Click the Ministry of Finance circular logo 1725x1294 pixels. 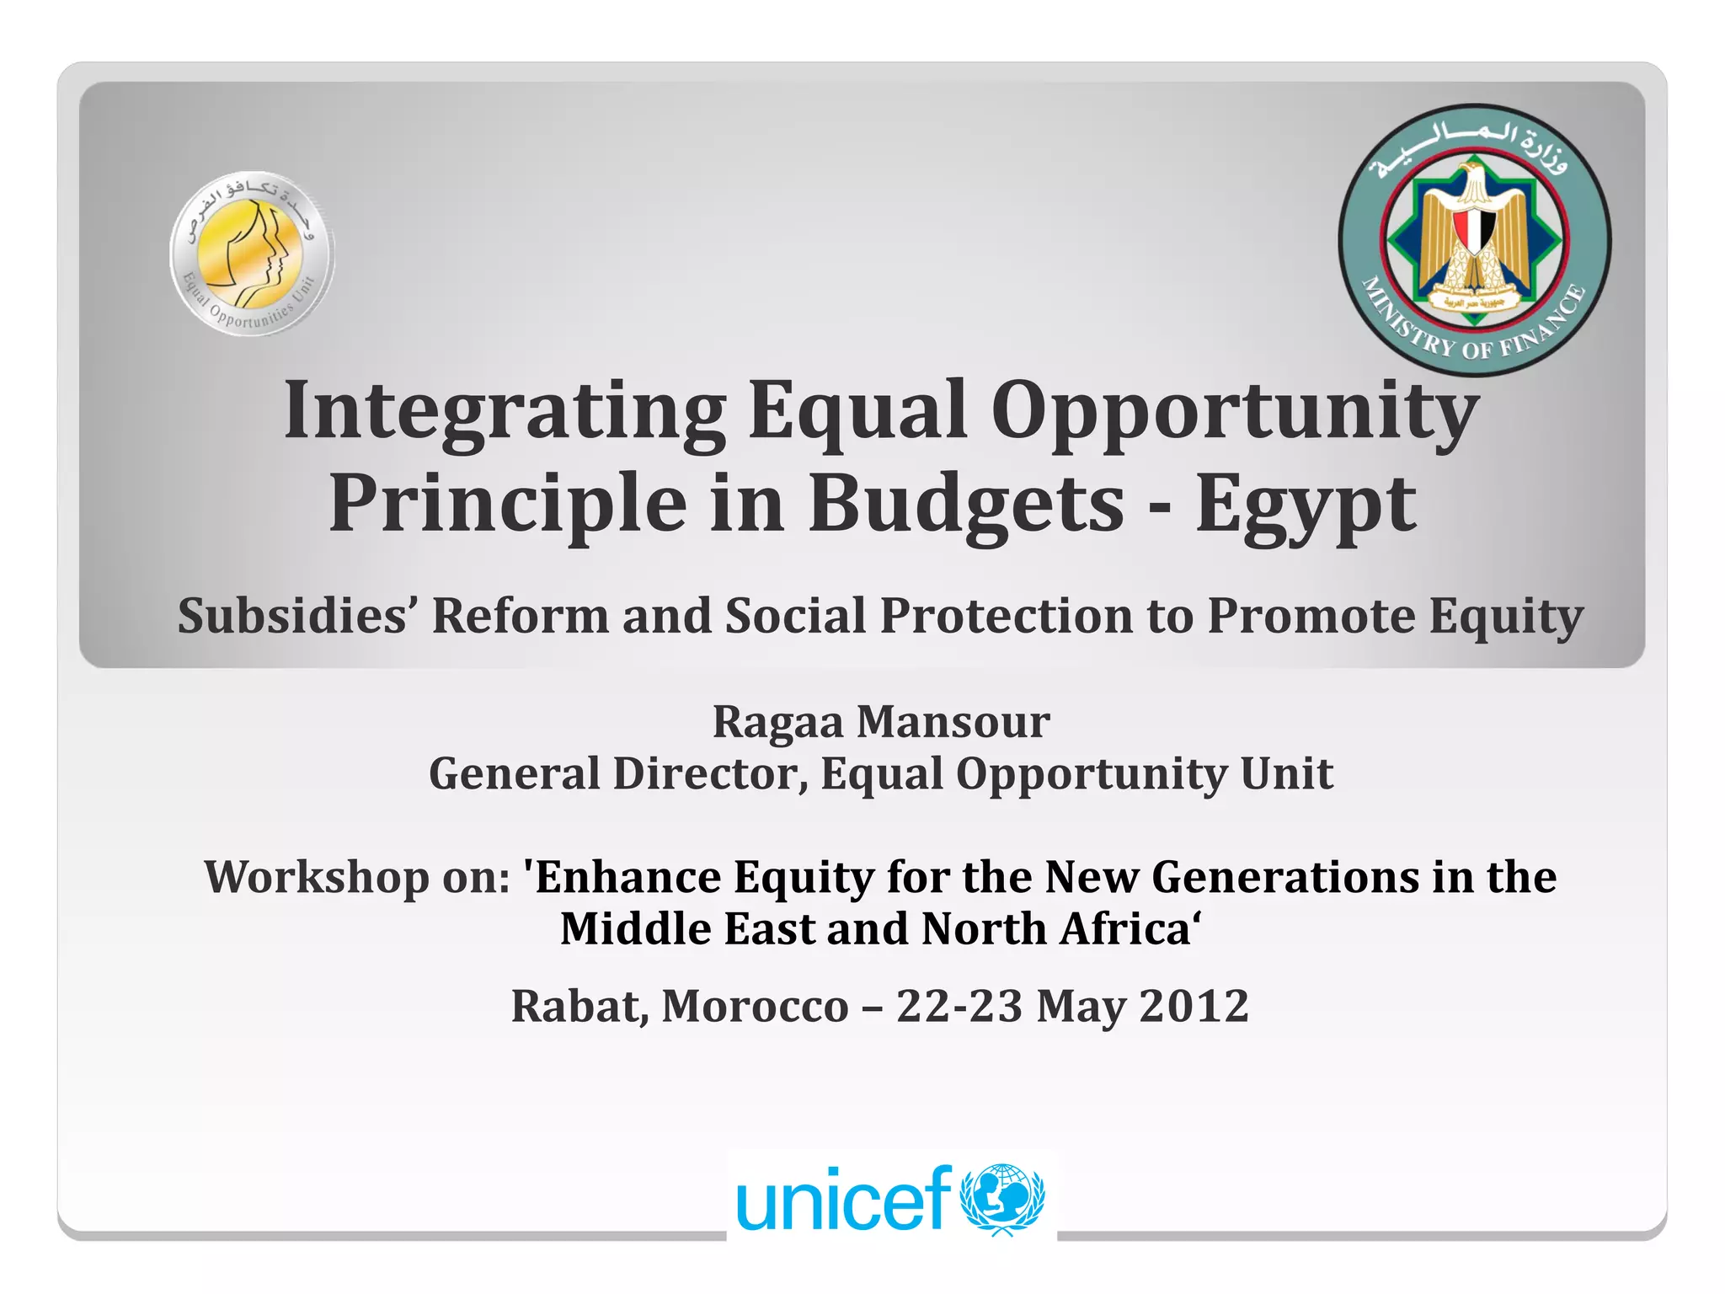pos(1474,240)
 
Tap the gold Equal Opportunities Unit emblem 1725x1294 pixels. pos(251,253)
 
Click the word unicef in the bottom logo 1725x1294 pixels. pos(843,1200)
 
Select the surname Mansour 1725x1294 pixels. pos(953,722)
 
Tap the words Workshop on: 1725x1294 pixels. pos(357,877)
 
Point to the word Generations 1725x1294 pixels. pos(1285,877)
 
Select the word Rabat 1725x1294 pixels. pos(579,1006)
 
